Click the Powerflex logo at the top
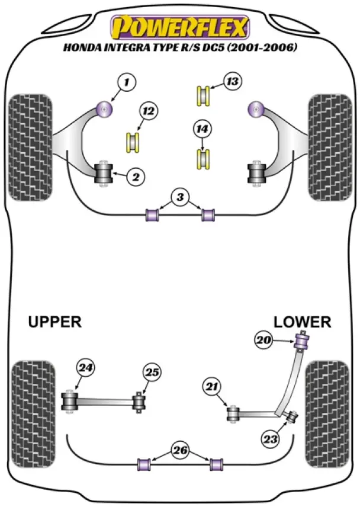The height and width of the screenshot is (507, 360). coord(181,27)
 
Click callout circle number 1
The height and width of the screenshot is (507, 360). coord(125,82)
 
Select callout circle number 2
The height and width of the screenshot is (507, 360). coord(136,176)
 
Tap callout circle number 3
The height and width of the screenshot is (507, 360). coord(179,197)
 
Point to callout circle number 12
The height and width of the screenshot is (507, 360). coord(148,111)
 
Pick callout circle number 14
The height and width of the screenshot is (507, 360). coord(202,127)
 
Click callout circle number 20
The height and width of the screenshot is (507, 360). coord(263,340)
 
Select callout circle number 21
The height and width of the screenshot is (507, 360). coord(211,387)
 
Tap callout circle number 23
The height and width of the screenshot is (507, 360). coord(271,439)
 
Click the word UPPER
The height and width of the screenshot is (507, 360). coord(54,322)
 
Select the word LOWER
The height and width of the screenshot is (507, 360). coord(302,322)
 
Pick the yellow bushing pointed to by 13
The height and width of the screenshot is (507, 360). coord(204,95)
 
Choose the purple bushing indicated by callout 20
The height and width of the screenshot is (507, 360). coord(303,342)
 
